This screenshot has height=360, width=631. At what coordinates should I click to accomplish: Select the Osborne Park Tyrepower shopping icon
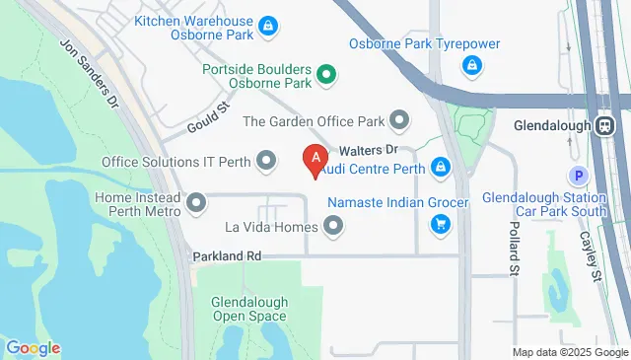click(472, 65)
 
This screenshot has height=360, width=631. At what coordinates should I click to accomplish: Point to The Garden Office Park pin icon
click(399, 121)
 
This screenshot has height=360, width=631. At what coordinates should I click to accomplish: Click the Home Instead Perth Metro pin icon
click(195, 205)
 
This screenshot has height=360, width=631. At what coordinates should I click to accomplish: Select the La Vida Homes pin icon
click(333, 227)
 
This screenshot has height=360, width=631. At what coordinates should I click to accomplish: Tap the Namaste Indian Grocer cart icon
click(441, 226)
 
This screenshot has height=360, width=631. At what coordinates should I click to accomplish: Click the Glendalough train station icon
click(603, 125)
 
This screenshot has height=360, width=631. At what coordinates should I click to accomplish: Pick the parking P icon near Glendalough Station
click(580, 175)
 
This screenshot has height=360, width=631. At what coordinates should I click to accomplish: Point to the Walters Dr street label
click(368, 150)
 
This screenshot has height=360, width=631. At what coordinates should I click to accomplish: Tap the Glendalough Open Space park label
click(249, 309)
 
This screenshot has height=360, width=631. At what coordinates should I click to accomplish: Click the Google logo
click(33, 347)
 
